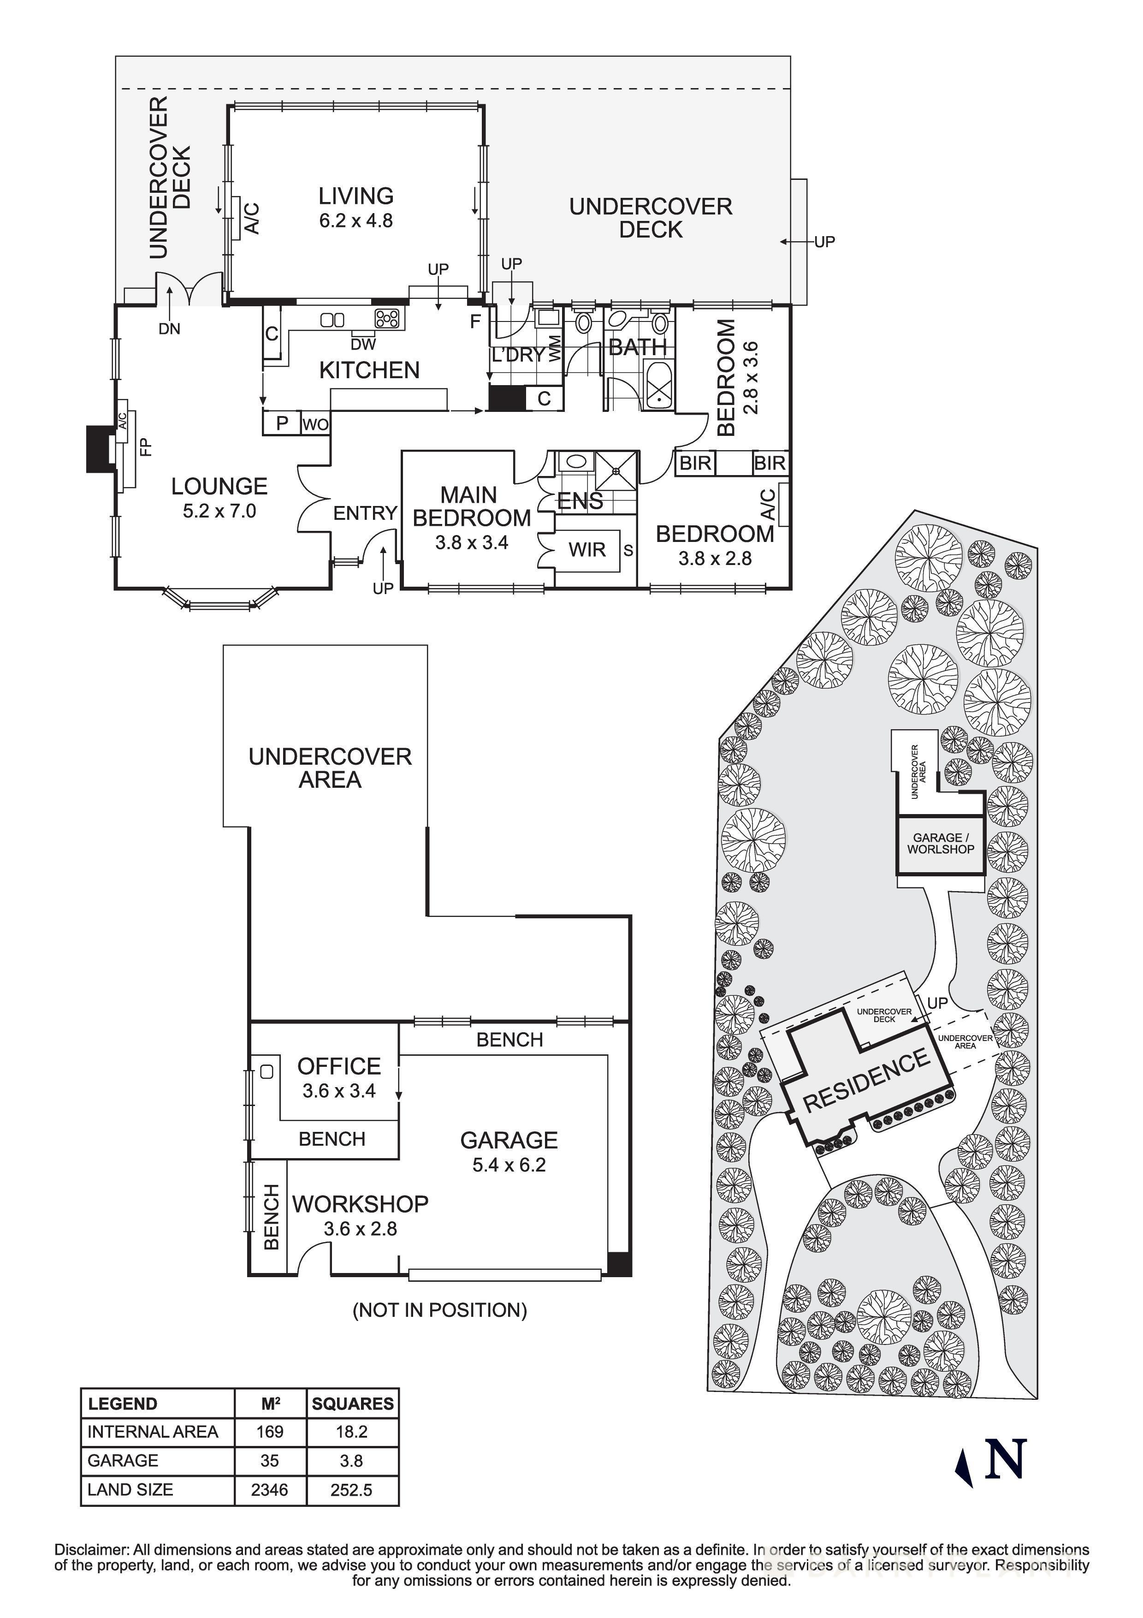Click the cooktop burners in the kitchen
coord(387,319)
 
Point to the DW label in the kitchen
coord(363,345)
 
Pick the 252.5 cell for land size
coord(351,1490)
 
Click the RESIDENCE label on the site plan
coord(866,1080)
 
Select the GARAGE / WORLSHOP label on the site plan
coord(940,844)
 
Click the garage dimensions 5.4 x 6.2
coord(509,1165)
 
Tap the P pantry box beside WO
coord(282,423)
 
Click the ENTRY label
coord(365,513)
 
